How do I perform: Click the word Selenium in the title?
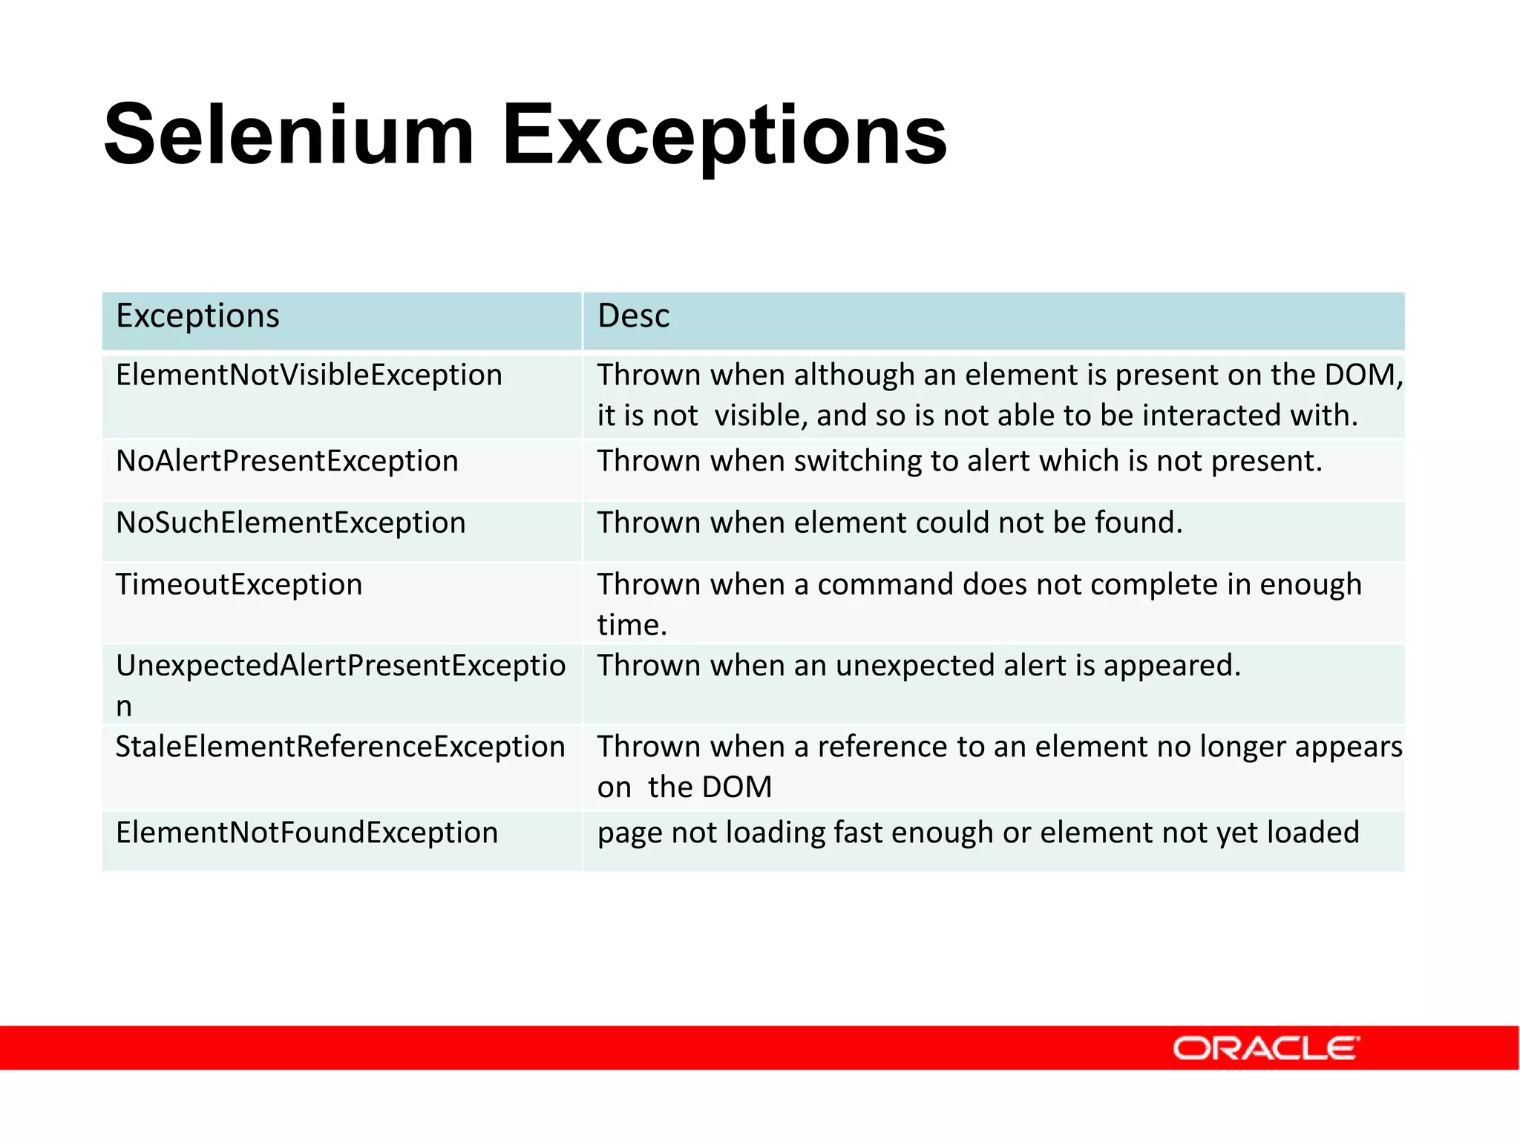289,135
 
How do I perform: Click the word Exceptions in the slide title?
724,135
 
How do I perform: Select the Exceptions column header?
197,316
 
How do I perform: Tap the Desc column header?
633,316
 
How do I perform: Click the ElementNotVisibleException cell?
309,375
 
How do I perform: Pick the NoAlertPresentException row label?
287,461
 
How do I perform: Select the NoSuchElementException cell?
290,522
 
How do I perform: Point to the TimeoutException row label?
239,584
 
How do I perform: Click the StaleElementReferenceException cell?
340,747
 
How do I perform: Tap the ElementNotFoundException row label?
307,833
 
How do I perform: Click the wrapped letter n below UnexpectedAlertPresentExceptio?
124,707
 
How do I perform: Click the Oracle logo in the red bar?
1265,1048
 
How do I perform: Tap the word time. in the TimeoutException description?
632,625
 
